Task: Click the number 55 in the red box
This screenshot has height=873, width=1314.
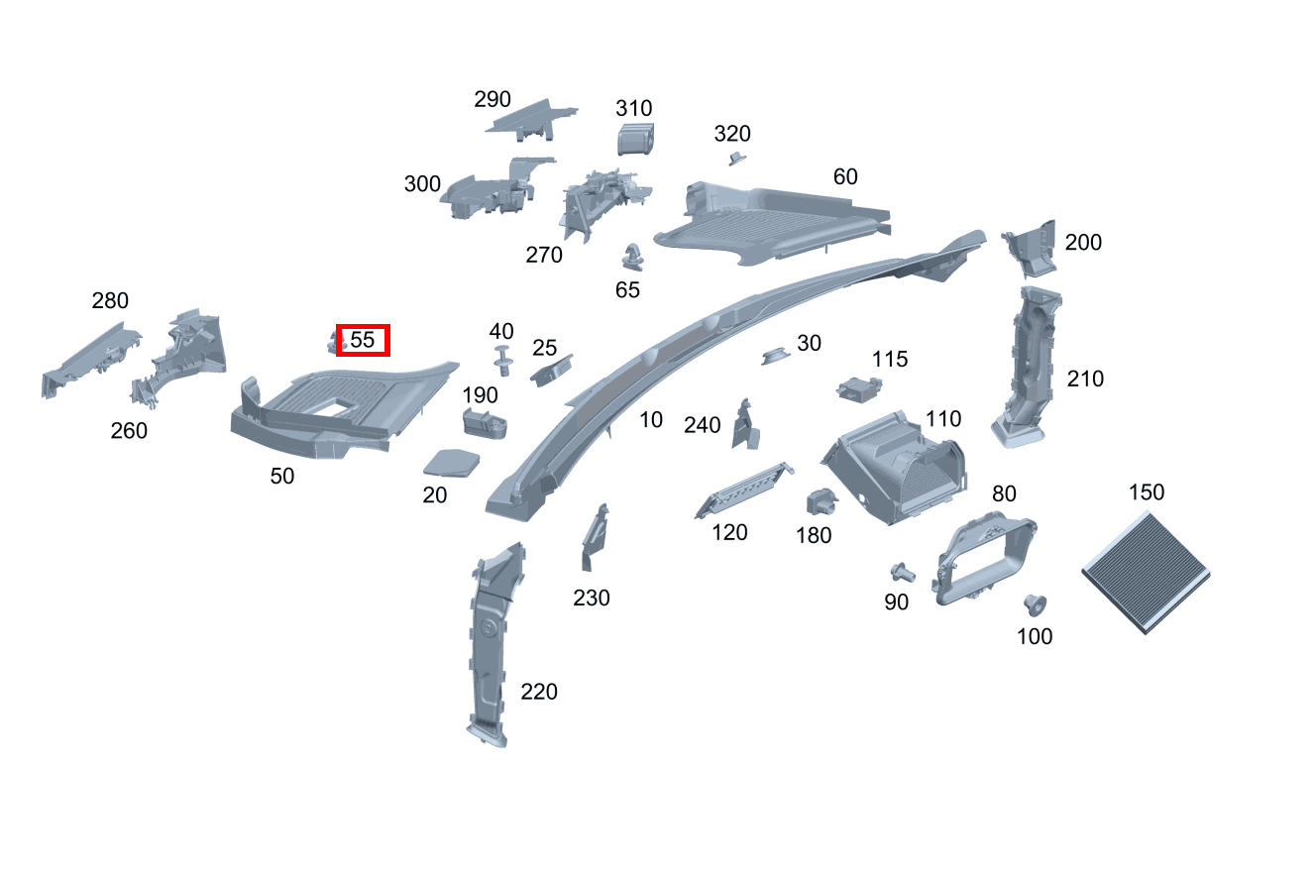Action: pos(363,340)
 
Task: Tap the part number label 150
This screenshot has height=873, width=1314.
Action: pos(1147,492)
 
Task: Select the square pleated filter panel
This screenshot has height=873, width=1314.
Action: pos(1146,573)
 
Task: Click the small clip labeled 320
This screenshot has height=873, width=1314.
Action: pos(737,159)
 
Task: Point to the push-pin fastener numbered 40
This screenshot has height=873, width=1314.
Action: pos(502,361)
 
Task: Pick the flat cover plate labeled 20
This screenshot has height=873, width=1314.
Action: pos(451,463)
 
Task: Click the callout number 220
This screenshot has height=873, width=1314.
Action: pos(538,692)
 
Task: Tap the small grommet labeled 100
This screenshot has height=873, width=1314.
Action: pos(1035,604)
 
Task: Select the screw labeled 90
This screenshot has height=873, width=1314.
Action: pos(902,572)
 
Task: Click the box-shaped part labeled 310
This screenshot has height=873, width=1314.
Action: pos(635,139)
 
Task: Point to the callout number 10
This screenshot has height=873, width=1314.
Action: pos(650,420)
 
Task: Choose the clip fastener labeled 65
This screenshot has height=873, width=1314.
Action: pos(632,257)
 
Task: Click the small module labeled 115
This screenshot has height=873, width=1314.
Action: pos(859,389)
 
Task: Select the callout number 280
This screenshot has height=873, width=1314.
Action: pos(110,301)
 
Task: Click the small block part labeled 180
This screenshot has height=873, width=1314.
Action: pos(821,501)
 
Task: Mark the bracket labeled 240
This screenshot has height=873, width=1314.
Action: pos(745,425)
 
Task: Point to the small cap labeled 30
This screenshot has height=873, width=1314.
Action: pos(776,356)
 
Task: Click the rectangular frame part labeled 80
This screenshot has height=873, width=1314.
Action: pos(983,558)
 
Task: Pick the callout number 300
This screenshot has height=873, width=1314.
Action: pos(422,184)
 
